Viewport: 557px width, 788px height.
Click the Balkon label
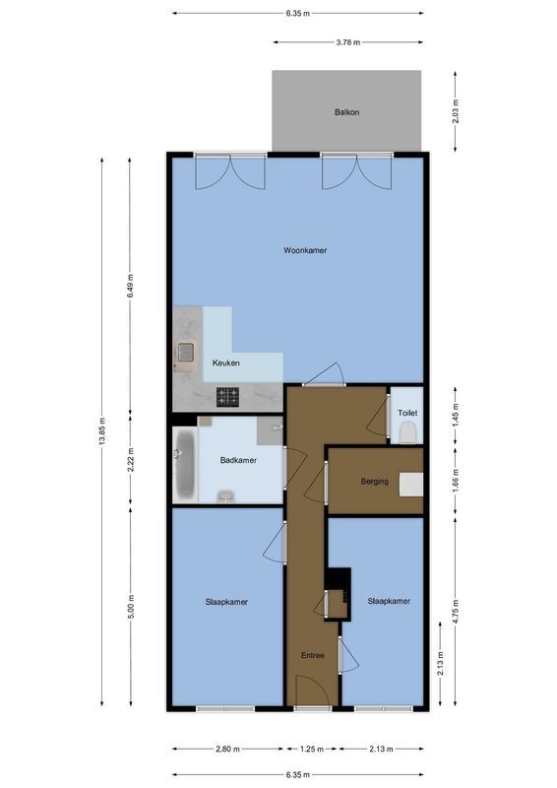345,112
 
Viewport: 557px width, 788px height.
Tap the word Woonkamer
305,250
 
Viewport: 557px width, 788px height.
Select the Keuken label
226,363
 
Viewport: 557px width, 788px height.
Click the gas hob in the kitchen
228,397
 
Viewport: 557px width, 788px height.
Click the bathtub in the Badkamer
186,463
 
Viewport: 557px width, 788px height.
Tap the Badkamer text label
238,460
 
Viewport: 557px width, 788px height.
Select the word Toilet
407,414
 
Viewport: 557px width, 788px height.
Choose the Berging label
374,482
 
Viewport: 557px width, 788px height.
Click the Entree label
313,654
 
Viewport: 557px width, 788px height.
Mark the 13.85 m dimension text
102,434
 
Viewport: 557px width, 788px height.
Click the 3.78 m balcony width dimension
346,42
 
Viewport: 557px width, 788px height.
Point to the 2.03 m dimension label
456,111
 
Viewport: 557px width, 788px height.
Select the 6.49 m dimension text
131,285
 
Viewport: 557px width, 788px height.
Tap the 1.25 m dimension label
312,750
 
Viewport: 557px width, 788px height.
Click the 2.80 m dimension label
226,750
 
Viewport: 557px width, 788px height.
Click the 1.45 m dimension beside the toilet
456,415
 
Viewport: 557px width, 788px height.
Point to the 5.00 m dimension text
131,605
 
